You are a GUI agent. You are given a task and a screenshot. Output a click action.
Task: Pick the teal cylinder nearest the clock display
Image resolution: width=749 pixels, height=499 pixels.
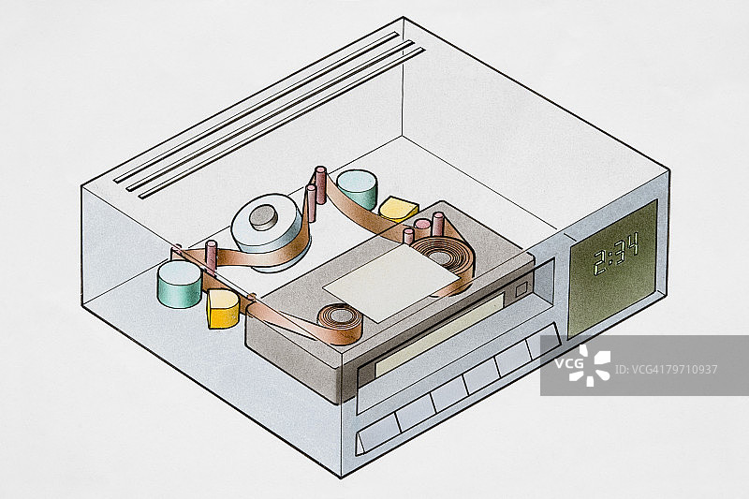point(357,188)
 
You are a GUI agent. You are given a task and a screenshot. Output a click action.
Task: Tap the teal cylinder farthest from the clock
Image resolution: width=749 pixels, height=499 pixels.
point(179,284)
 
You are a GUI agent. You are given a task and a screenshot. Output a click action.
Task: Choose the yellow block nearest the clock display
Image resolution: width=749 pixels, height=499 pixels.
point(399,209)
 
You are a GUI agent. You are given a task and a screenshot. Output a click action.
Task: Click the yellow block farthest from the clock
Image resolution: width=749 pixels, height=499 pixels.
point(223,308)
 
